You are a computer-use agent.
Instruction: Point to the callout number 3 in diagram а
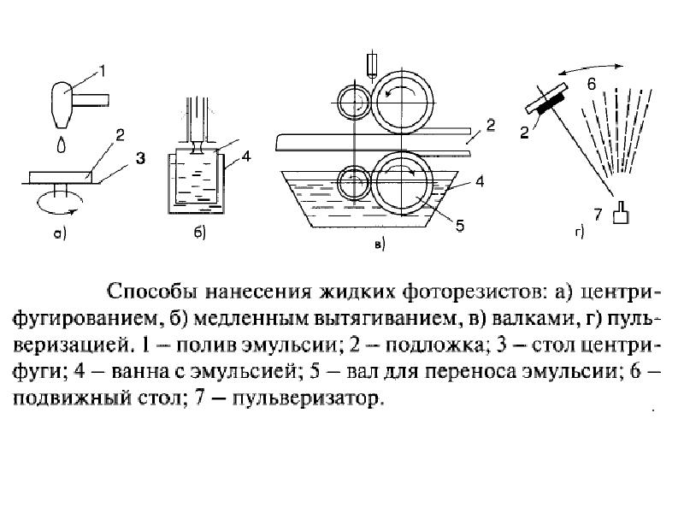141,157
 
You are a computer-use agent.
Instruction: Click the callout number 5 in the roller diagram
459,226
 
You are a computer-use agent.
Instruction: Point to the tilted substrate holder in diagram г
548,99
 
